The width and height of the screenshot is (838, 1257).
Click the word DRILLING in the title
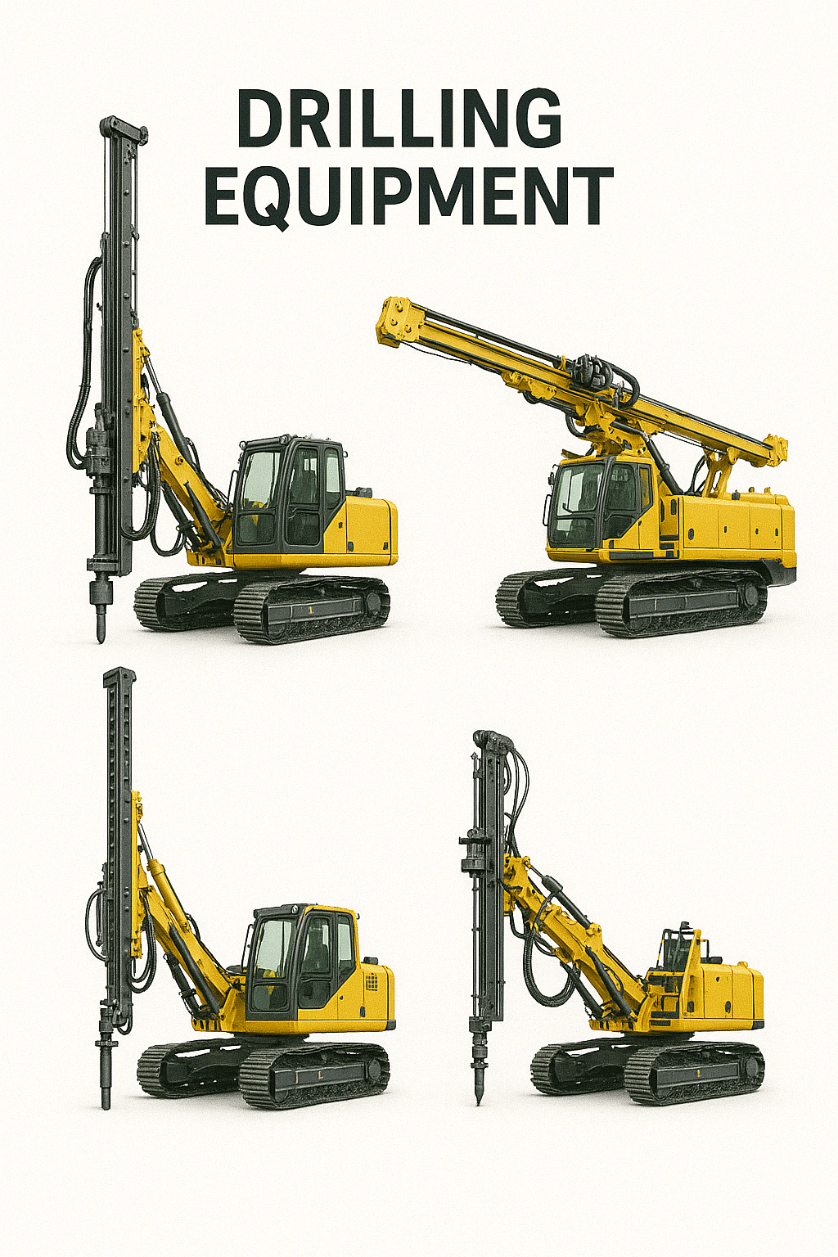[399, 118]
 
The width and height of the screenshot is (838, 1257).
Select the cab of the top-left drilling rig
[288, 493]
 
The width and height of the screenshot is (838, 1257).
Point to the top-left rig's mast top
[124, 127]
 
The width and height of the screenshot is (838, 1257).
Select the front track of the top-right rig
[679, 606]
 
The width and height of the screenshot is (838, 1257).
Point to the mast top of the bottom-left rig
[119, 678]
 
